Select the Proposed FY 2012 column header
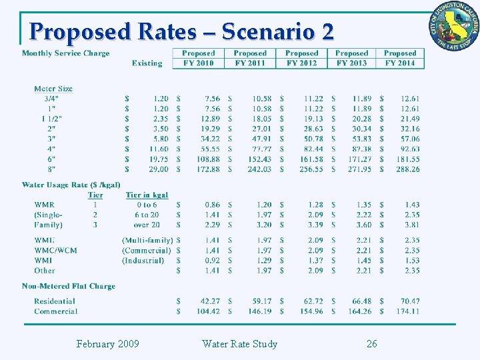pyautogui.click(x=301, y=58)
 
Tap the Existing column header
pyautogui.click(x=147, y=63)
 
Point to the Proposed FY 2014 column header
pyautogui.click(x=400, y=58)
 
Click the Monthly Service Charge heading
pyautogui.click(x=65, y=53)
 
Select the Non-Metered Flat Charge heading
pyautogui.click(x=68, y=286)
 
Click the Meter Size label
pyautogui.click(x=53, y=89)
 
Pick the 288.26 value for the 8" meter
pyautogui.click(x=407, y=169)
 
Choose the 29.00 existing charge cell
pyautogui.click(x=159, y=169)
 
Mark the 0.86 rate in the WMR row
pyautogui.click(x=212, y=205)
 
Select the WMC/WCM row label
pyautogui.click(x=55, y=251)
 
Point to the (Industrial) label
pyautogui.click(x=143, y=261)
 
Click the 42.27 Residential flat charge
pyautogui.click(x=210, y=301)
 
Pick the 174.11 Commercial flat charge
pyautogui.click(x=407, y=311)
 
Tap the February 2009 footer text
pyautogui.click(x=107, y=344)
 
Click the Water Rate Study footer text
pyautogui.click(x=239, y=344)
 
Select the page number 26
pyautogui.click(x=371, y=344)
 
